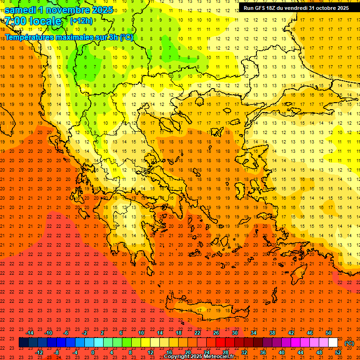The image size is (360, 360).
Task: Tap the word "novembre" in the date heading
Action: pyautogui.click(x=67, y=10)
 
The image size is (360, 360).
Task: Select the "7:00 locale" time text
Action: pyautogui.click(x=33, y=21)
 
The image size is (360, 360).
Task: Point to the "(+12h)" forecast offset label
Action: pyautogui.click(x=81, y=21)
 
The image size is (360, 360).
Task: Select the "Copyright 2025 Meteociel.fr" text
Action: pyautogui.click(x=199, y=357)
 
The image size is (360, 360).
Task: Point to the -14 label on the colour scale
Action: pyautogui.click(x=30, y=333)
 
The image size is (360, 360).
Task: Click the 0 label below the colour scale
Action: pyautogui.click(x=93, y=352)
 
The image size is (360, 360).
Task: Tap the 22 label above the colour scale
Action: pyautogui.click(x=197, y=333)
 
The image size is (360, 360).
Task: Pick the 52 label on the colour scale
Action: pyautogui.click(x=338, y=352)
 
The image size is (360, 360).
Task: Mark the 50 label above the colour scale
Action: pyautogui.click(x=329, y=333)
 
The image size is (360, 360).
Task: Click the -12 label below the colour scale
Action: pyautogui.click(x=39, y=352)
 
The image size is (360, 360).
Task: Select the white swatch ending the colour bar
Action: pyautogui.click(x=333, y=343)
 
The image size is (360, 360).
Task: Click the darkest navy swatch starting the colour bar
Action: pyautogui.click(x=23, y=343)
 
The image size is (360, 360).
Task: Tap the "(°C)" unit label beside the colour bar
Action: pyautogui.click(x=349, y=343)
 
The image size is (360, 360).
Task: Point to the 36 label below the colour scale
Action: pyautogui.click(x=263, y=352)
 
